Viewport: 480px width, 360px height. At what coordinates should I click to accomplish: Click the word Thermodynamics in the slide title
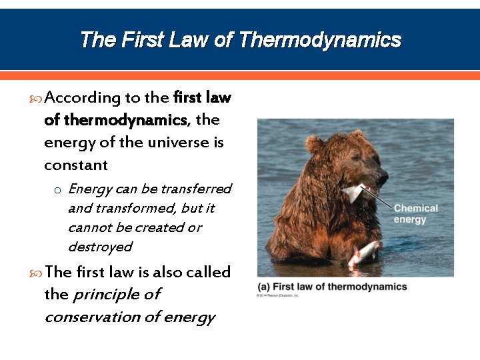319,40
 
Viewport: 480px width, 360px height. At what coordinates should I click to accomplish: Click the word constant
75,165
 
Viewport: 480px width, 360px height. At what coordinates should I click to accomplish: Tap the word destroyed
100,247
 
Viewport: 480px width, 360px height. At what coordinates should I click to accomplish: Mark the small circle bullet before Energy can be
58,190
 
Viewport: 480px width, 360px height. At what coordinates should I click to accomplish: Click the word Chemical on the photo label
415,209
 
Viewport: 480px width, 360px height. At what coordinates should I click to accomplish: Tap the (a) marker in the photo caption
263,287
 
